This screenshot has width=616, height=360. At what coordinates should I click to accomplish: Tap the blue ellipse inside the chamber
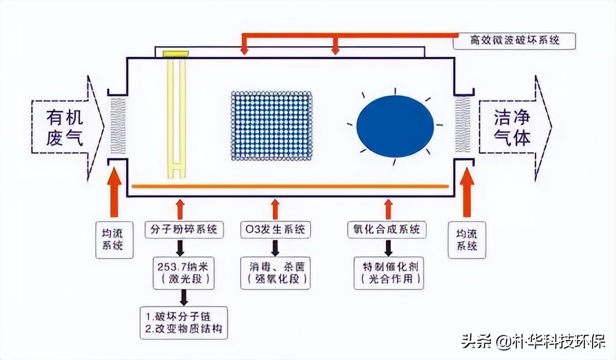tap(395, 126)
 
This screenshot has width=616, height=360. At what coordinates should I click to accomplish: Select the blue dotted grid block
tap(271, 126)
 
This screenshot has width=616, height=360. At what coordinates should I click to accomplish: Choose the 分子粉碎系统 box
tap(180, 229)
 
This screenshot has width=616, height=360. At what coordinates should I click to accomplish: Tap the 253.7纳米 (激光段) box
tap(183, 272)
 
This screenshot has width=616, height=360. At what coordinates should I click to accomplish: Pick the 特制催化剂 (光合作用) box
tap(388, 273)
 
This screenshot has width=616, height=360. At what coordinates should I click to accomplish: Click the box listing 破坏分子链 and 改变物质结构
tap(183, 322)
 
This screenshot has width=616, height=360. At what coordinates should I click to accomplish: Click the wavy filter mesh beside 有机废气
tap(118, 126)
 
